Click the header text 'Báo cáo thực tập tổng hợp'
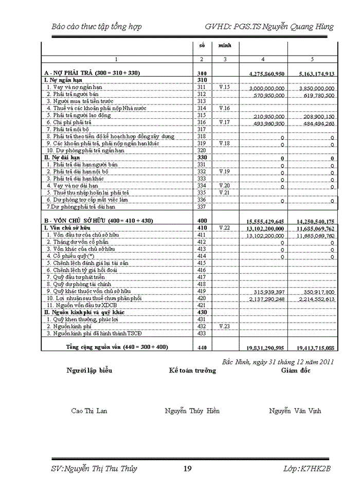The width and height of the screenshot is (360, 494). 97,27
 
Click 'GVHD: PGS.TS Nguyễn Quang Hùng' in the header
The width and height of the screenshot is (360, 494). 269,27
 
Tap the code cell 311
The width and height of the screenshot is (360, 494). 202,88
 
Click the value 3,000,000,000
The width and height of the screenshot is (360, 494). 263,89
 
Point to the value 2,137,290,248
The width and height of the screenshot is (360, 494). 263,298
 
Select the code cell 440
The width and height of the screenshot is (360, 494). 202,348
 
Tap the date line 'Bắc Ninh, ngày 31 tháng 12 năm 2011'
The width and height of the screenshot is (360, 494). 278,362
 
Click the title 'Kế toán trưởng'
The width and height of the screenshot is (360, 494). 192,371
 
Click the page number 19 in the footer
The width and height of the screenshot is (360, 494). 187,469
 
